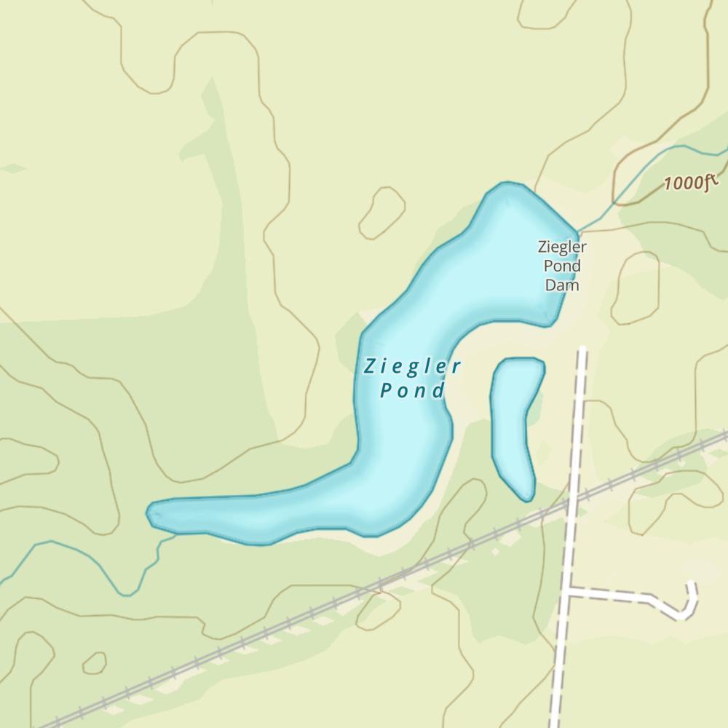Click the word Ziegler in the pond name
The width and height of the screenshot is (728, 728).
pos(412,366)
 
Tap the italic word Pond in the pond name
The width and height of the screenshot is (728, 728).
pos(412,391)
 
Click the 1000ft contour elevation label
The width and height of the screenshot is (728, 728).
pos(690,182)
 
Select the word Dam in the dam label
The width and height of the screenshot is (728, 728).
pos(562,285)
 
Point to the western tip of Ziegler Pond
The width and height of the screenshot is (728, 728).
pos(149,513)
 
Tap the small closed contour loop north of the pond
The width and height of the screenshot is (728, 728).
pos(381,212)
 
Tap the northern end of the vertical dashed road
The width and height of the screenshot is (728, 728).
pos(582,351)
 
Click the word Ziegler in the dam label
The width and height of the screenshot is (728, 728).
pos(562,247)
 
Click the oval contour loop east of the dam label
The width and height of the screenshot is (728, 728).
pos(635,288)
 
